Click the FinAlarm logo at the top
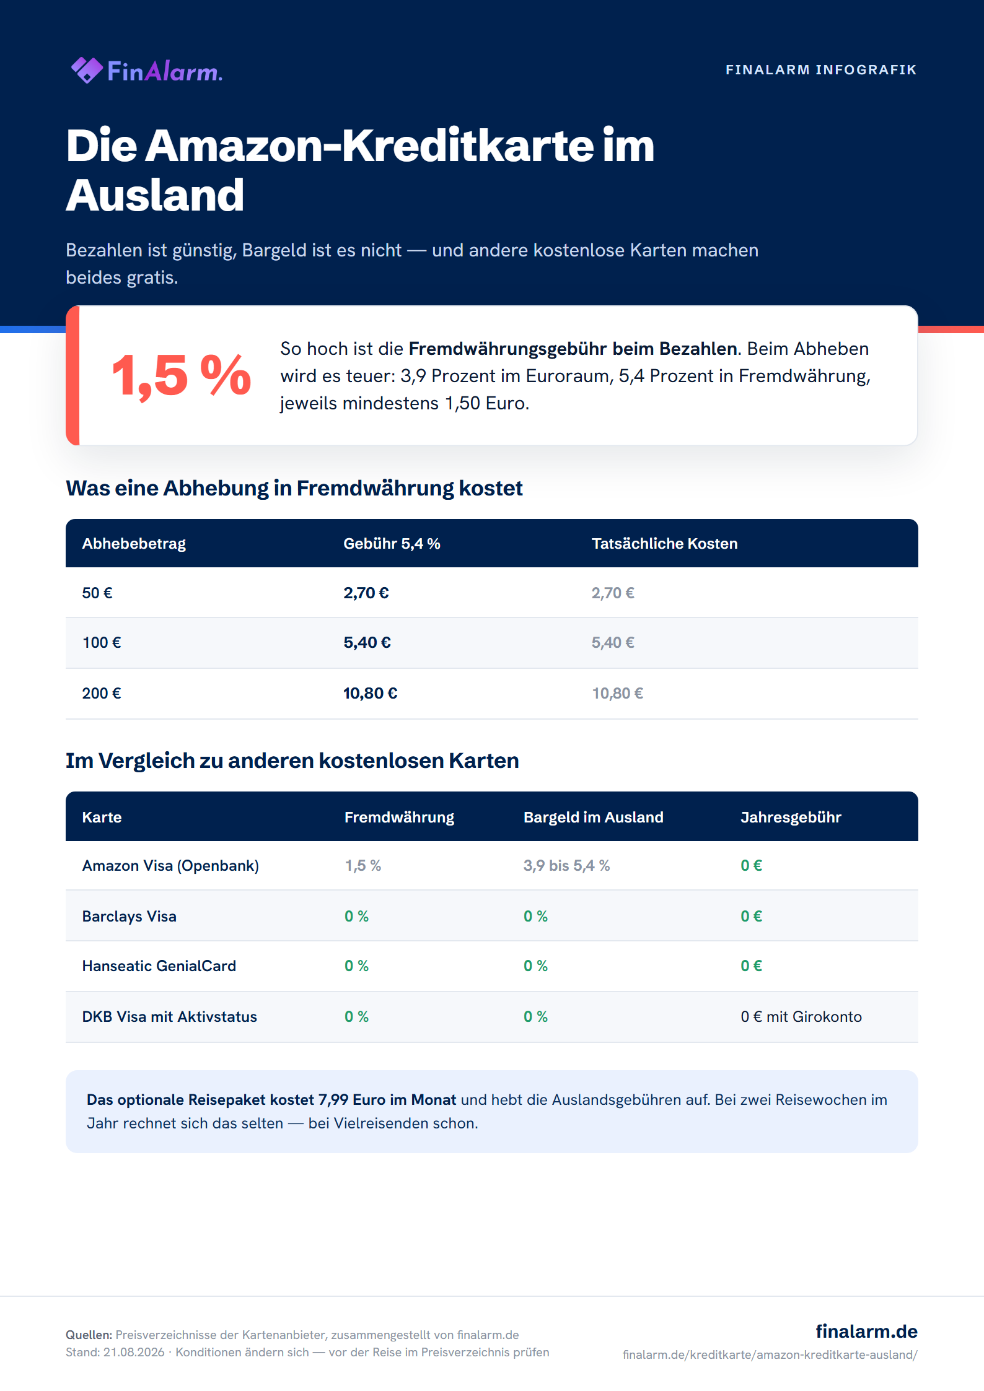146,71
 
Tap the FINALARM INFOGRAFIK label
821,70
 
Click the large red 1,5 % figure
181,375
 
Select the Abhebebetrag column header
134,544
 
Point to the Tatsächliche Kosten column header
664,544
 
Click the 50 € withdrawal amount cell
97,593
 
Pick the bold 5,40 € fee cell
367,643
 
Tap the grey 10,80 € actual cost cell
617,694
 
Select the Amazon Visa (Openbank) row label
170,866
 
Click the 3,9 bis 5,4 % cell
566,866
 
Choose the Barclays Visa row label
129,917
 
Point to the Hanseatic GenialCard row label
159,966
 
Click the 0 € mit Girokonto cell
801,1017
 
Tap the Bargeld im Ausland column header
593,818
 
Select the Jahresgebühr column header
791,818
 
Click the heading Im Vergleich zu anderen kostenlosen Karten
292,761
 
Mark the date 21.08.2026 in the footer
134,1352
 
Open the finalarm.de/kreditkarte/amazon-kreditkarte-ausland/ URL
770,1354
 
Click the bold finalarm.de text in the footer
866,1331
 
